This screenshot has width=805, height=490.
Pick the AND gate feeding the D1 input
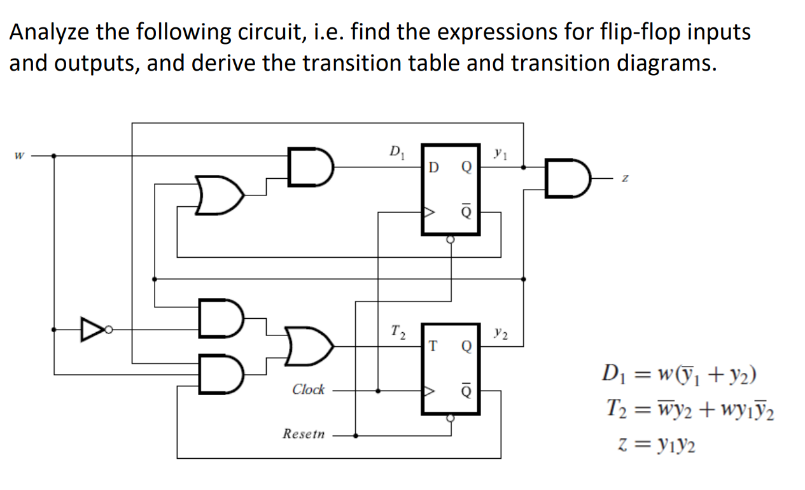(310, 167)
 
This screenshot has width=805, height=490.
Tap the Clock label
(308, 389)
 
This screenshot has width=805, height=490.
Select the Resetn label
(304, 435)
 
